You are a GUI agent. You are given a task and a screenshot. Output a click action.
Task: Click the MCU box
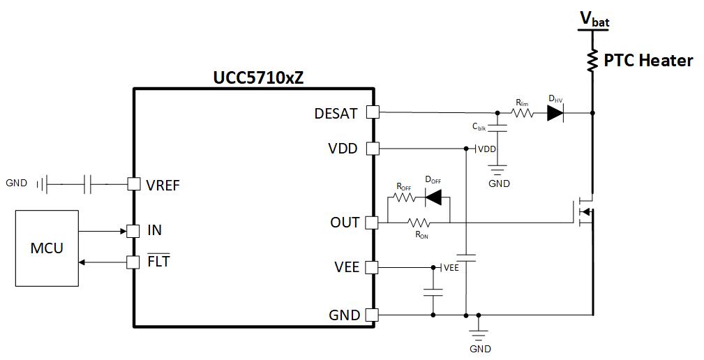point(47,248)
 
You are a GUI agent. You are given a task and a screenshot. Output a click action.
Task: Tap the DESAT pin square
point(372,112)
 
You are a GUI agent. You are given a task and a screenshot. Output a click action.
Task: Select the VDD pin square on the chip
point(372,149)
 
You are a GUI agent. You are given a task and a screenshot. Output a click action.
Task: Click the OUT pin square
point(372,223)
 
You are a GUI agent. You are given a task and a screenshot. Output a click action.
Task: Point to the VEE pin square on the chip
point(372,267)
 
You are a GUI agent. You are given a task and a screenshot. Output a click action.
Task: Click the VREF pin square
point(133,184)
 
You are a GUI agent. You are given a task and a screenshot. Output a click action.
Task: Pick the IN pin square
point(133,230)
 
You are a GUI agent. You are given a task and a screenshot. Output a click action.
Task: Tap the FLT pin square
point(133,262)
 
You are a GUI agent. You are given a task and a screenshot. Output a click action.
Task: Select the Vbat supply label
point(594,20)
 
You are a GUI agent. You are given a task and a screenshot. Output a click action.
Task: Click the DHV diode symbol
point(555,113)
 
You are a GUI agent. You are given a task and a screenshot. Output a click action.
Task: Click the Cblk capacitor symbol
point(497,128)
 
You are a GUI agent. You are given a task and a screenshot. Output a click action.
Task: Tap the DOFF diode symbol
point(433,197)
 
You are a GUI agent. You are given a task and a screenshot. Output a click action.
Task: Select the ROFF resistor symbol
point(404,197)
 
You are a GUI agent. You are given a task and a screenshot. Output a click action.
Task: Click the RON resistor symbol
point(419,223)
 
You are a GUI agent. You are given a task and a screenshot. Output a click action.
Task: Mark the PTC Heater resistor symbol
point(592,61)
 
